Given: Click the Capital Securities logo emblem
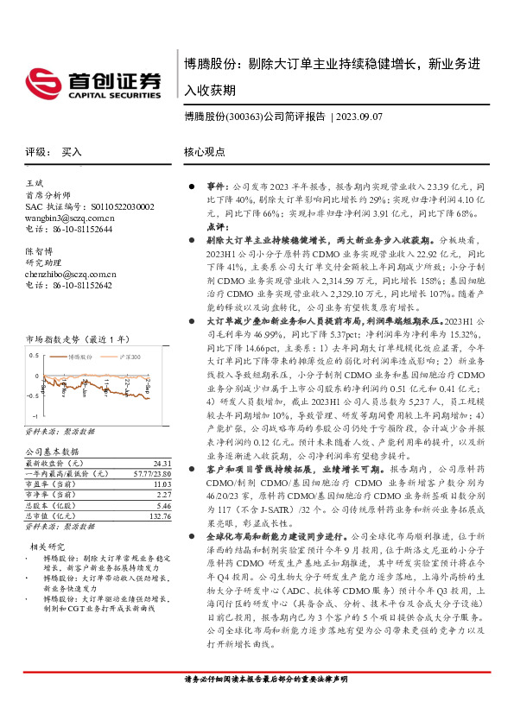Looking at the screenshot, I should point(41,83).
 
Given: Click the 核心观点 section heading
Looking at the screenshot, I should point(204,151).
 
